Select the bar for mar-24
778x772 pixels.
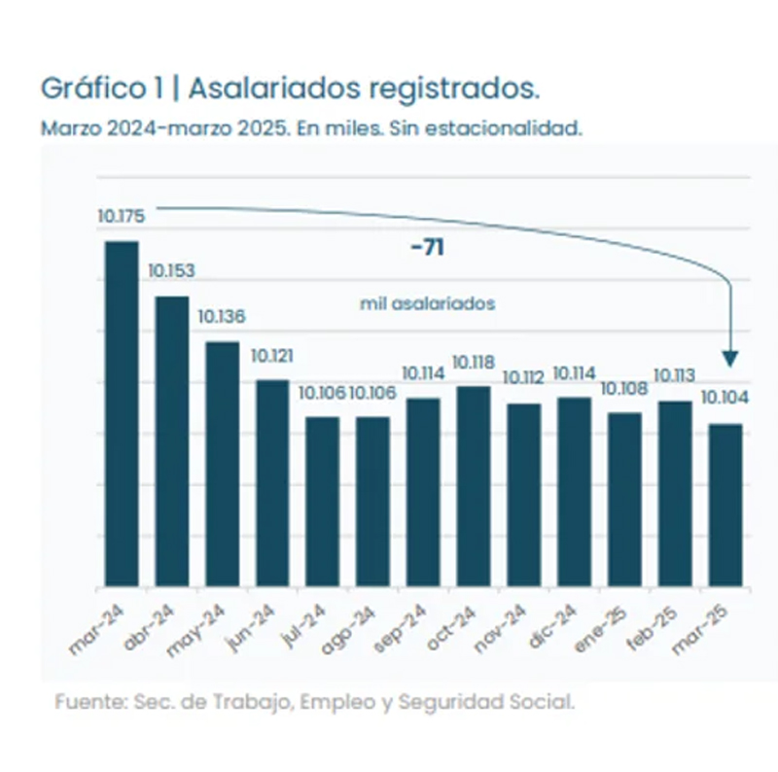point(122,413)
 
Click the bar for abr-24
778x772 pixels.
point(172,441)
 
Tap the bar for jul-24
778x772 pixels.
point(322,502)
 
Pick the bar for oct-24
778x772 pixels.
point(473,486)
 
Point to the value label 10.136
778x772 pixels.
point(222,316)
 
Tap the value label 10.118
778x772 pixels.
point(474,363)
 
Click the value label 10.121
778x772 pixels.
point(272,355)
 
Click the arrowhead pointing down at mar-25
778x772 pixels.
point(730,361)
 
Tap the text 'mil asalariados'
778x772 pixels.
point(427,303)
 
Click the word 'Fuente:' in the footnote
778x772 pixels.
point(85,701)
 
